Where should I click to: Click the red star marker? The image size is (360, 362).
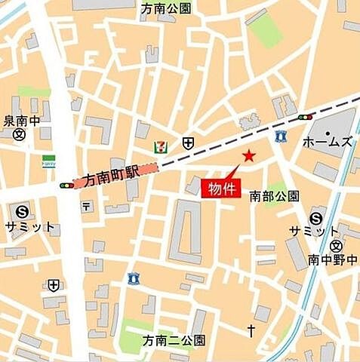248,156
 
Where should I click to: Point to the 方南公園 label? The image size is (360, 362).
166,9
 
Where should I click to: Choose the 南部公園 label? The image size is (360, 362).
275,196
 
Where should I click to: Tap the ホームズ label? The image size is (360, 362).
328,142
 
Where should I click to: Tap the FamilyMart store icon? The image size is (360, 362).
48,161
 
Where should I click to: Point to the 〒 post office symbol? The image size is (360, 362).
87,206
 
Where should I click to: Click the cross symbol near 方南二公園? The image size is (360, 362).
251,330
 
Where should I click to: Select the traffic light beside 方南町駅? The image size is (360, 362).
67,184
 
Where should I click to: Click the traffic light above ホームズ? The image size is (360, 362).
306,118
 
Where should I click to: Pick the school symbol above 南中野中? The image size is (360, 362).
336,247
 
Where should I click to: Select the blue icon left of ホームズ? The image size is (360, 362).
281,137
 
